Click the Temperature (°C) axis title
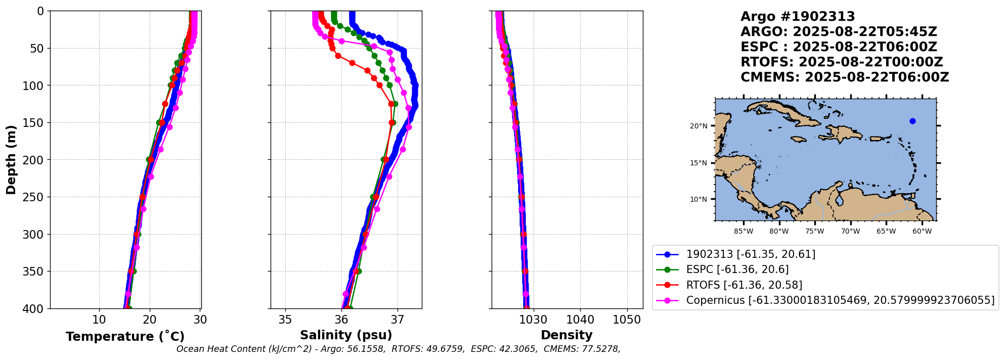(125, 337)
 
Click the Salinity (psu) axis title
(346, 335)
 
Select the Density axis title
(566, 335)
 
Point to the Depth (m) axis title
(11, 160)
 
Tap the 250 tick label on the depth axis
(34, 197)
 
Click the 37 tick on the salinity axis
(398, 320)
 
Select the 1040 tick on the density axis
(580, 320)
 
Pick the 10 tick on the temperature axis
(99, 320)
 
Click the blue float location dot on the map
(912, 121)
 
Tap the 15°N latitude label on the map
(698, 163)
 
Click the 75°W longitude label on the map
(814, 232)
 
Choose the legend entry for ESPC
(737, 269)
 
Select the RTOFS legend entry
(744, 285)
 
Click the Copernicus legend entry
(840, 300)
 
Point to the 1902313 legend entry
(750, 254)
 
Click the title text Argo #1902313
(798, 17)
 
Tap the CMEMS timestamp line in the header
(844, 77)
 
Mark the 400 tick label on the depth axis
(34, 308)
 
